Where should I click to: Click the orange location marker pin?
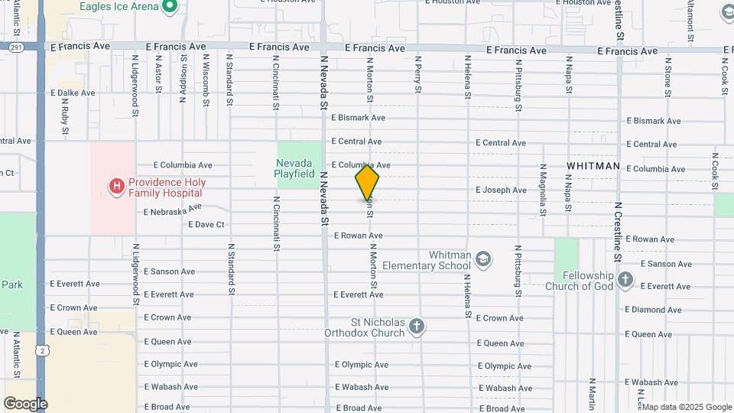point(367,182)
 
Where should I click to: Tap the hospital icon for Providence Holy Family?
point(116,187)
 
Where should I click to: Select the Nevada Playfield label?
point(294,168)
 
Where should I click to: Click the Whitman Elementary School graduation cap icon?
point(483,259)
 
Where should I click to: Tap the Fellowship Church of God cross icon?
point(625,280)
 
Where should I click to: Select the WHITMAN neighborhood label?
point(593,166)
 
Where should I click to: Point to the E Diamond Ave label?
point(653,310)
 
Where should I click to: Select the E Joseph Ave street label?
point(501,190)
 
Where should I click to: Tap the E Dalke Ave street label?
point(73,93)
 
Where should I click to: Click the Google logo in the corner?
point(25,403)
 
